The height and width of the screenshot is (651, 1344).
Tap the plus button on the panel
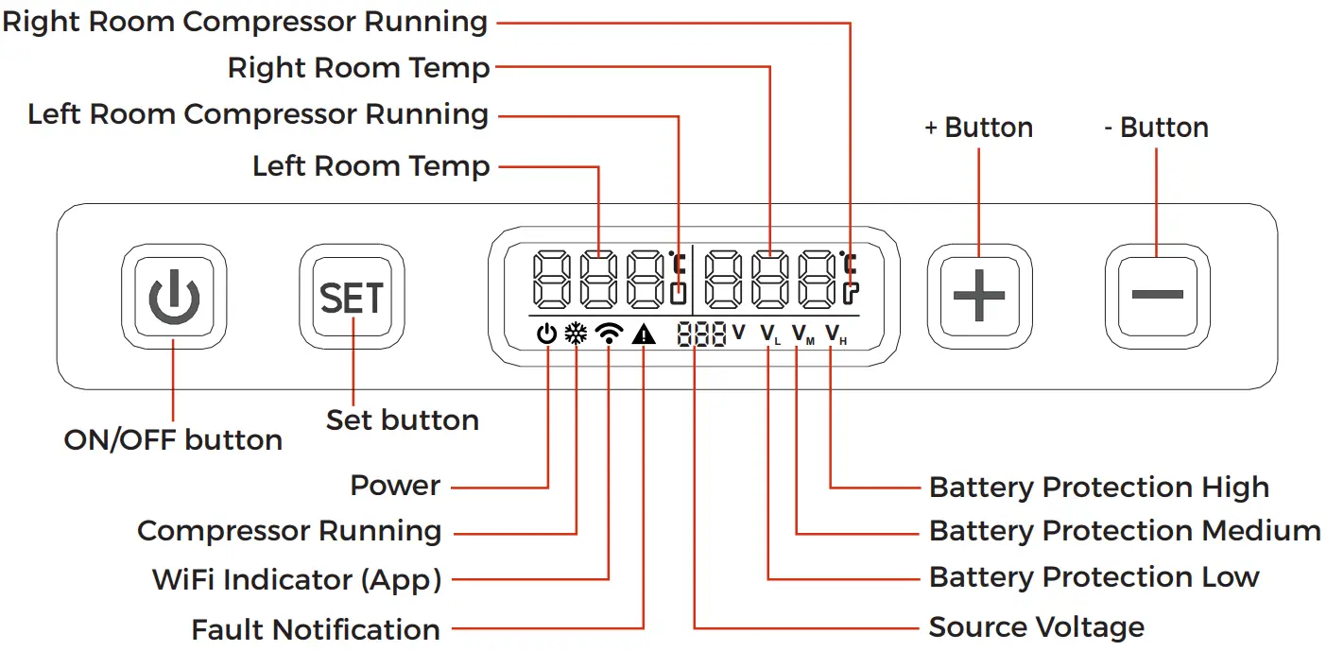click(978, 295)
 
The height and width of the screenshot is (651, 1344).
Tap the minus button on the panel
click(1157, 295)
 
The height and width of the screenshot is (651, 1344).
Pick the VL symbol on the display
click(769, 334)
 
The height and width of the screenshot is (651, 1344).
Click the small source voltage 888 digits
click(701, 334)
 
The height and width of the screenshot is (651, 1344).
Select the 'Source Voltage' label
click(1036, 626)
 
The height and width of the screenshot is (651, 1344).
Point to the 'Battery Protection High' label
click(1098, 488)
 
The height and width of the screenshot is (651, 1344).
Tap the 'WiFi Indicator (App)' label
click(297, 579)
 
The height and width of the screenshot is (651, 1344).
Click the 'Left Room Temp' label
click(370, 167)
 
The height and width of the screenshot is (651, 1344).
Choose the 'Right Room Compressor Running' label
click(246, 22)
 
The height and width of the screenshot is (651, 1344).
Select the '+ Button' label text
click(978, 128)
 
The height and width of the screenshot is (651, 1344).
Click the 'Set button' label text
click(402, 420)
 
